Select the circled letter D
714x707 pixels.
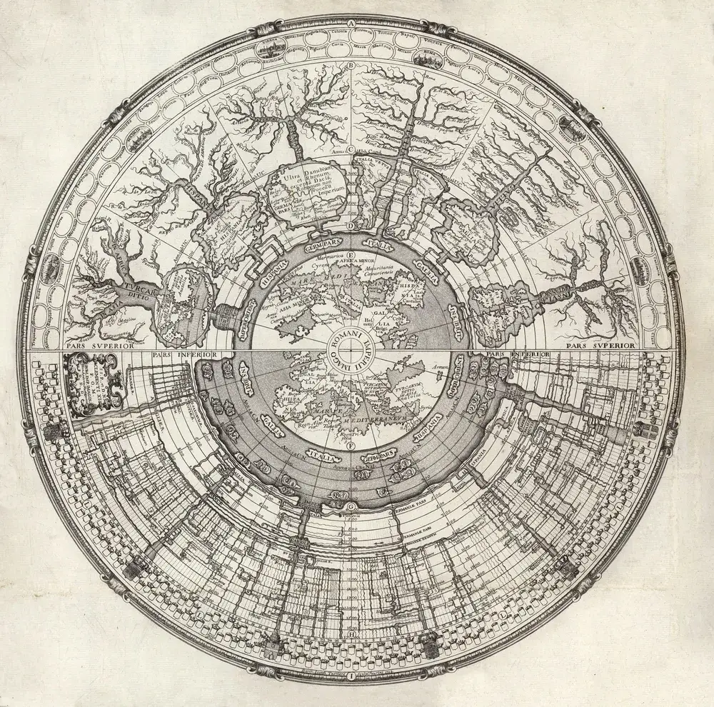tap(351, 227)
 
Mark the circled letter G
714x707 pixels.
tap(351, 508)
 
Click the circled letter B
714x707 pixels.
tap(351, 67)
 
